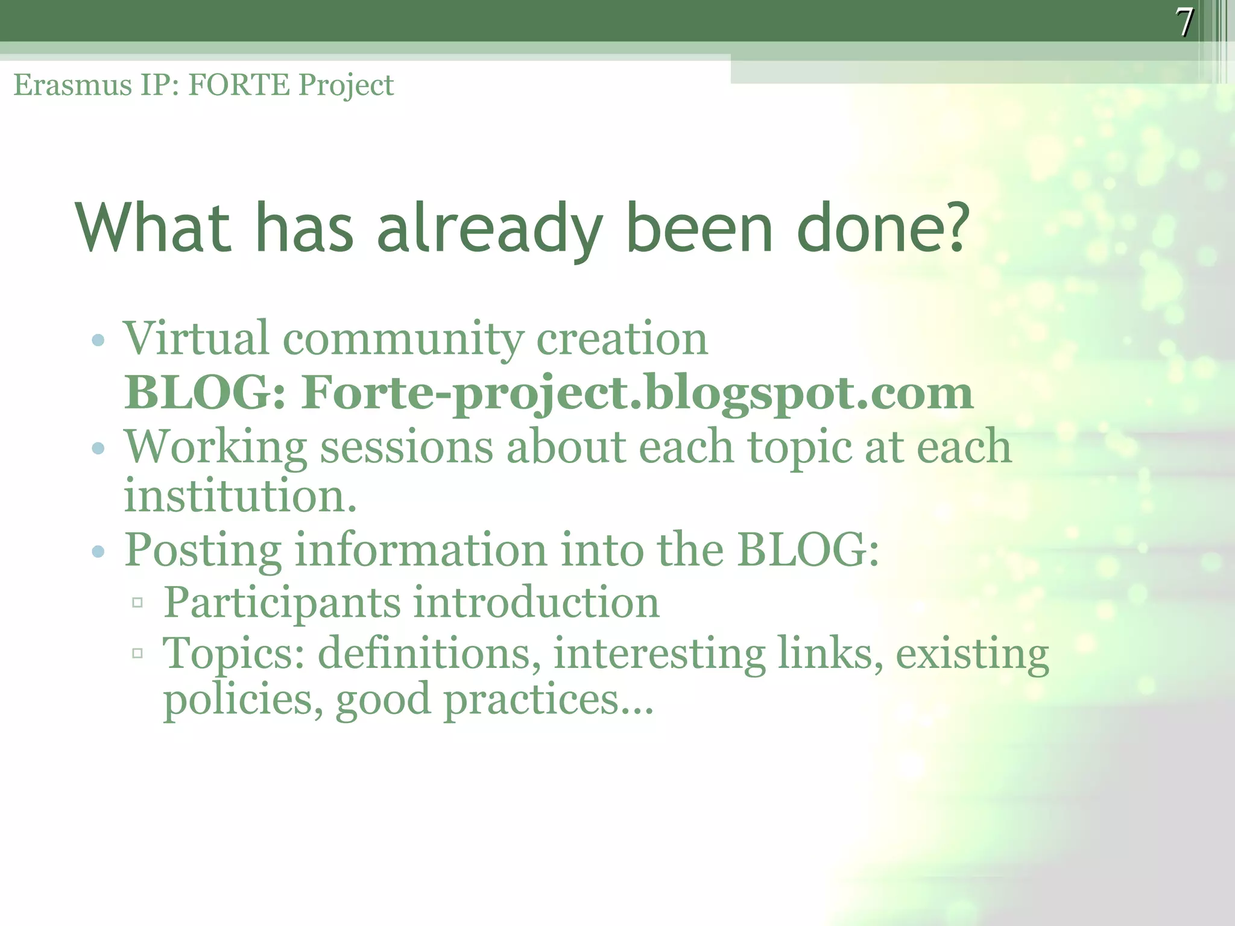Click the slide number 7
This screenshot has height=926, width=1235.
(1184, 22)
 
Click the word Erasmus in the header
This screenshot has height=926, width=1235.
(72, 85)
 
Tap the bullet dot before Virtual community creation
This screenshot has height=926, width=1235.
(98, 341)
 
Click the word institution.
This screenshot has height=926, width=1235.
(240, 496)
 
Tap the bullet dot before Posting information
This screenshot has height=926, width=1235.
(98, 551)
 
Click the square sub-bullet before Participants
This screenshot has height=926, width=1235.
(137, 602)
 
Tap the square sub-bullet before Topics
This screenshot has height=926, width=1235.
(137, 653)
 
